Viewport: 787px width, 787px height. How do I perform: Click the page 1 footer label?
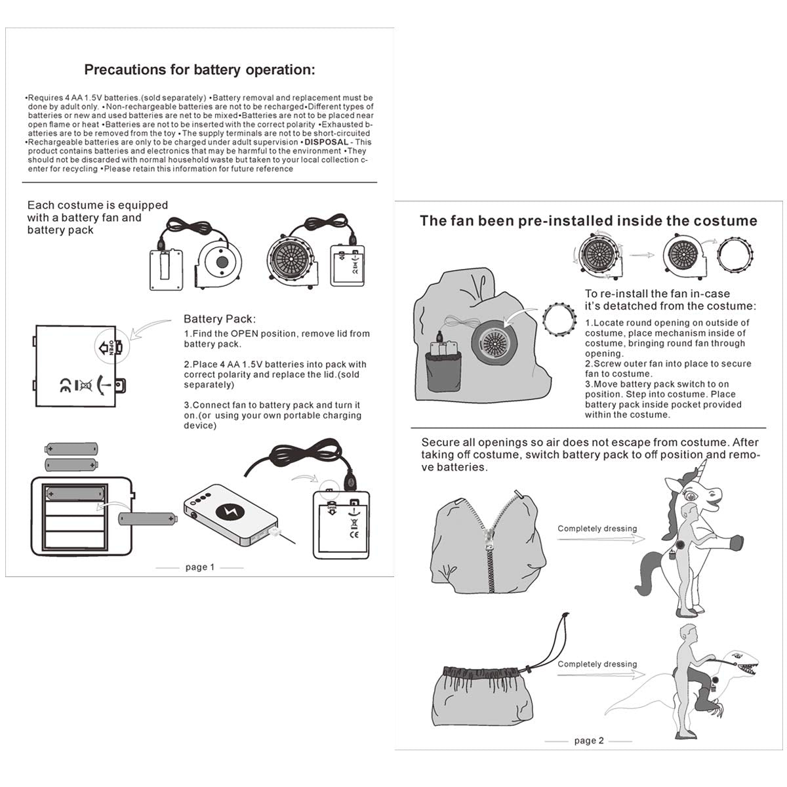coord(199,567)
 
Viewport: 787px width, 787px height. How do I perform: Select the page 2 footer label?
coord(588,740)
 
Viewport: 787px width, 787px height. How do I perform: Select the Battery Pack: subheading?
coord(220,319)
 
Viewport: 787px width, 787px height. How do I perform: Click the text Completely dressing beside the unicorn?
coord(597,529)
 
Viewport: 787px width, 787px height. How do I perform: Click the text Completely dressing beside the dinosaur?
coord(597,664)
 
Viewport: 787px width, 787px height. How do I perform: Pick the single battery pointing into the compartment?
coord(148,519)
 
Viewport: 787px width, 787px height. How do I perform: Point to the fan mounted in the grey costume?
coord(496,340)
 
